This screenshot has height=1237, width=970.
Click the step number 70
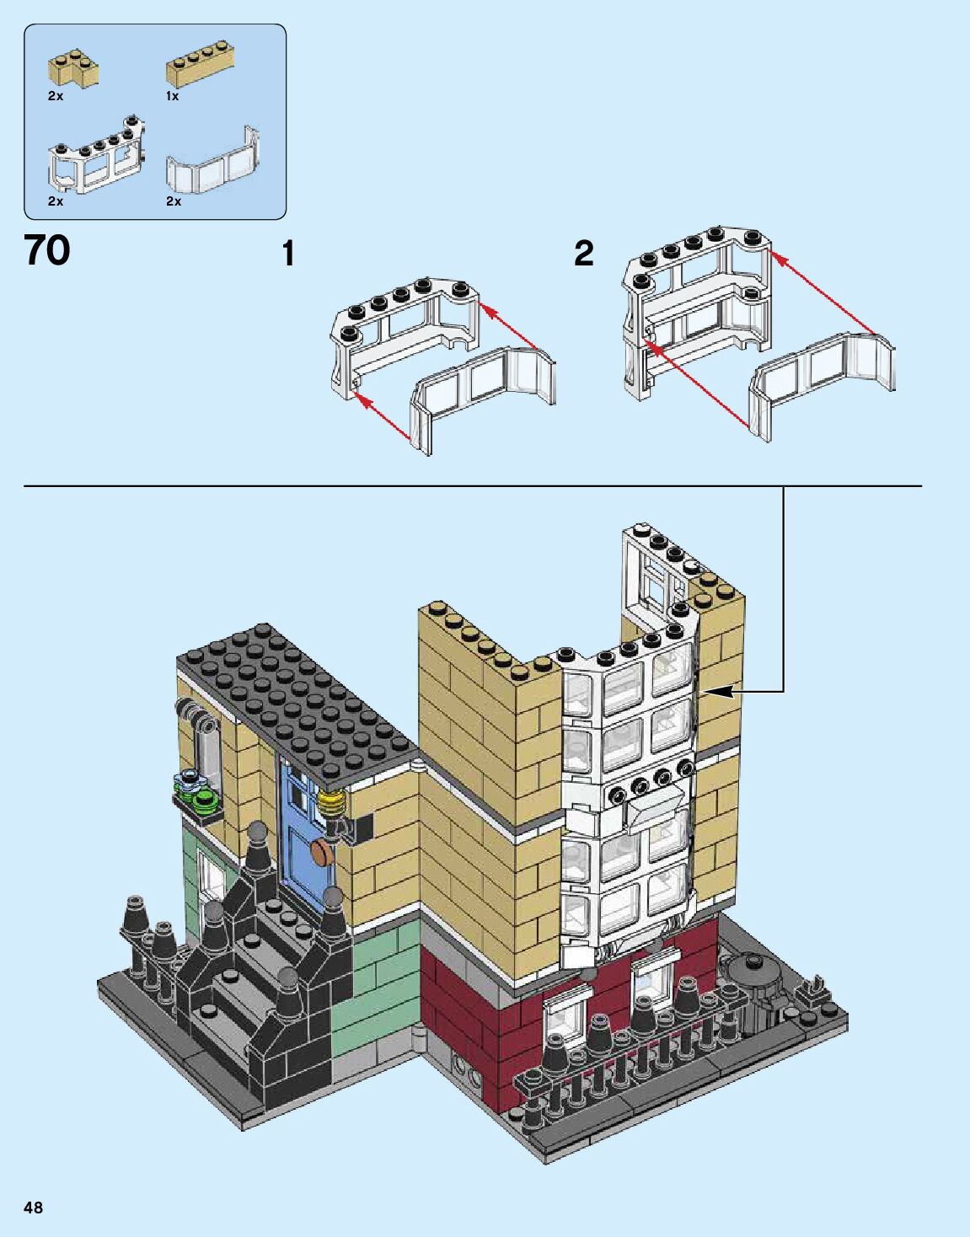click(47, 250)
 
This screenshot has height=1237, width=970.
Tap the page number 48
click(34, 1208)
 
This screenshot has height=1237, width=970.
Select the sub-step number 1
click(288, 254)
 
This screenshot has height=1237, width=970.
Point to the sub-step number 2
click(583, 253)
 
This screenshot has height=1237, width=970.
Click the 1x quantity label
click(172, 96)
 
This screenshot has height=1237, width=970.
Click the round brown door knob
click(320, 853)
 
